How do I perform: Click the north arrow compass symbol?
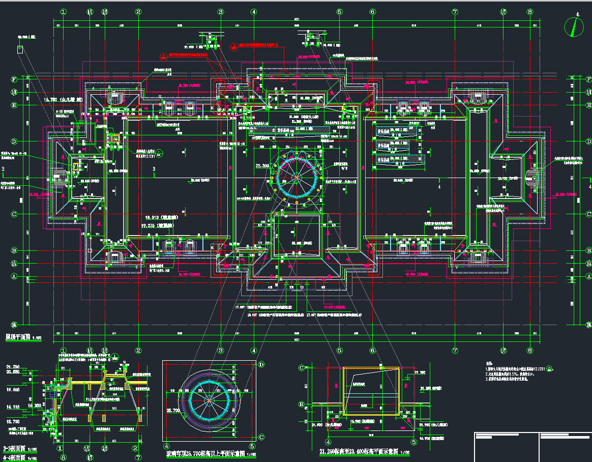(x=576, y=26)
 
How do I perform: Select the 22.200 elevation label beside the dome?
(x=263, y=166)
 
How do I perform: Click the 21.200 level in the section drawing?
(x=13, y=366)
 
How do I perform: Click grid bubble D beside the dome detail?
(x=261, y=364)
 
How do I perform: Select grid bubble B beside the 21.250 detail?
(x=302, y=405)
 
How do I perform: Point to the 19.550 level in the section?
(x=13, y=390)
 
